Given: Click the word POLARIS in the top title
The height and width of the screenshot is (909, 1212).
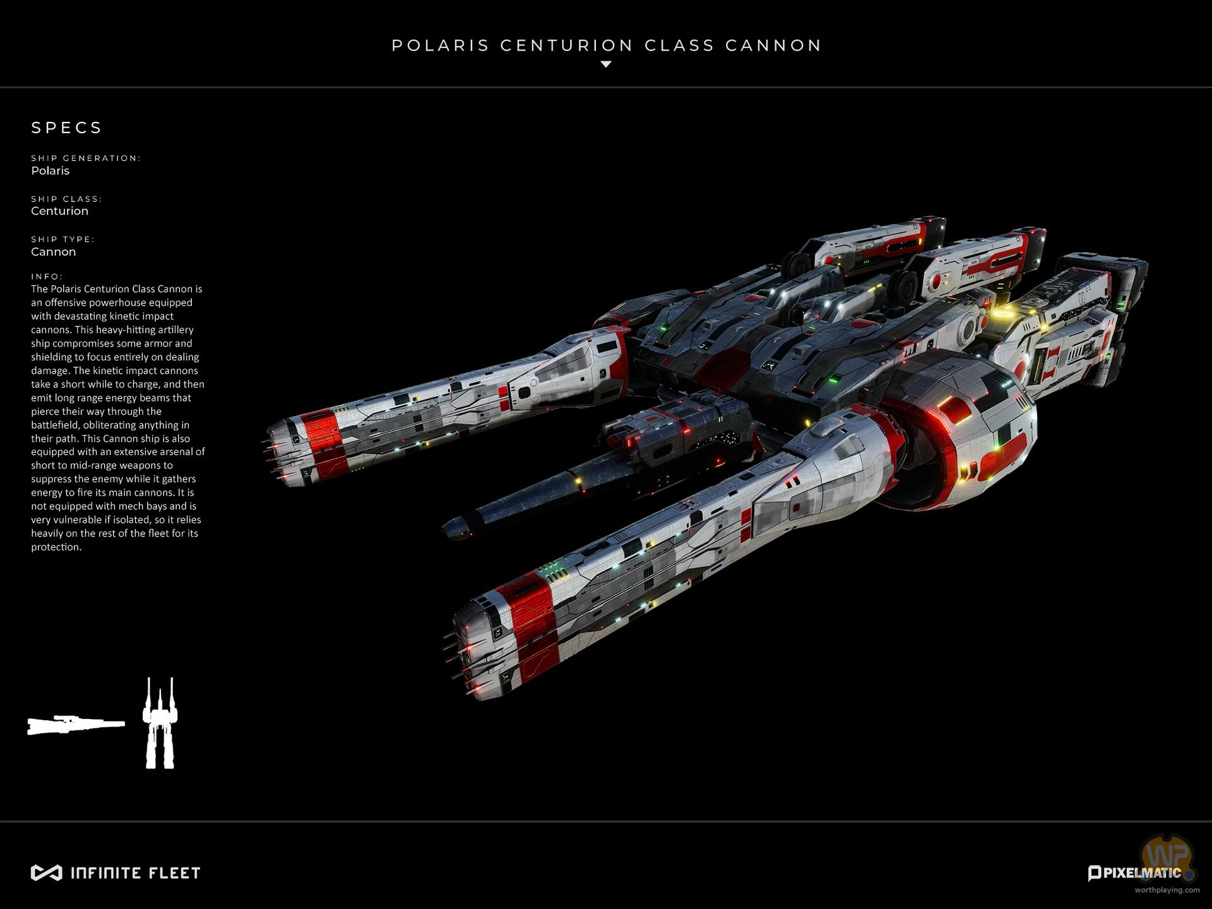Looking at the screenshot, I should click(440, 45).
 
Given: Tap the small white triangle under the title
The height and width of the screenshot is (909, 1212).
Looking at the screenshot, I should click(605, 64).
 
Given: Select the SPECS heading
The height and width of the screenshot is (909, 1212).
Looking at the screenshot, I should click(66, 128).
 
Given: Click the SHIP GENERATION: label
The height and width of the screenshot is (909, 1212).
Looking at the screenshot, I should click(86, 158).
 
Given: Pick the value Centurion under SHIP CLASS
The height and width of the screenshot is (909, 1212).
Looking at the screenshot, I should click(59, 211).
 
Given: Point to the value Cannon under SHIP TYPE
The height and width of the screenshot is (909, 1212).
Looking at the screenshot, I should click(53, 251).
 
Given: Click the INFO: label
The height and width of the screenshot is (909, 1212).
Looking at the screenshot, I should click(47, 276).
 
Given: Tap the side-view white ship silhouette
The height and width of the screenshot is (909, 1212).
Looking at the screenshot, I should click(75, 725).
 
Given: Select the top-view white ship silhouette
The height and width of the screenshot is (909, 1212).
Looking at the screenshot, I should click(160, 724).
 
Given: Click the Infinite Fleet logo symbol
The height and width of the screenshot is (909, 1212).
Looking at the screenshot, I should click(46, 873).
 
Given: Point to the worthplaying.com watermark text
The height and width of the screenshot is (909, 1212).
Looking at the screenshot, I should click(1167, 890).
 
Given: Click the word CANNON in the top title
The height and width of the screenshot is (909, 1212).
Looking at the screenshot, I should click(773, 45).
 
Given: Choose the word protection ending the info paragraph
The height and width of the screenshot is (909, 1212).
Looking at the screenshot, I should click(56, 547).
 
